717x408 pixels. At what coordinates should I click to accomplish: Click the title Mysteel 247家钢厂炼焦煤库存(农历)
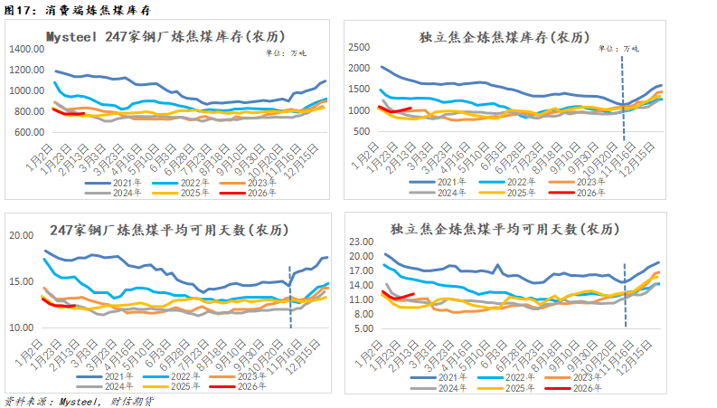(x=165, y=36)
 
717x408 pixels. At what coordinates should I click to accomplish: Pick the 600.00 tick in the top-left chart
(x=30, y=132)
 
